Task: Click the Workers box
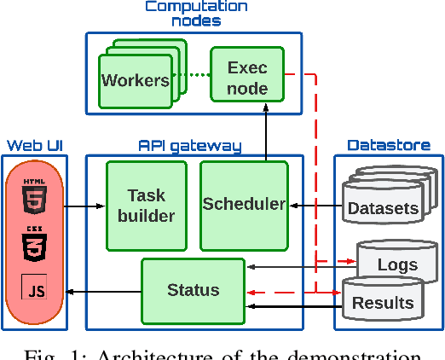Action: point(135,80)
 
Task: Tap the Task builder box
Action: point(146,205)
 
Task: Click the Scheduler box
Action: point(244,204)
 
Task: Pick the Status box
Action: point(193,290)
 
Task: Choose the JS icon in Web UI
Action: point(35,291)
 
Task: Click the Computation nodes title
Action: point(195,14)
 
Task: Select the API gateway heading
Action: point(189,146)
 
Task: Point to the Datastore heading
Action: point(389,146)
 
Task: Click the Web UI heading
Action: point(35,146)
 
